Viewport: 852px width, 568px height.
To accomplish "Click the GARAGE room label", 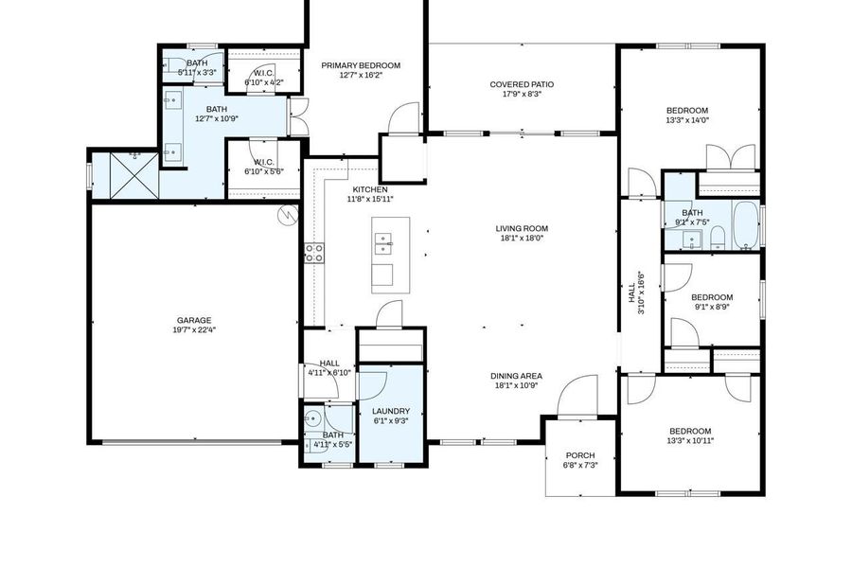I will pyautogui.click(x=193, y=320).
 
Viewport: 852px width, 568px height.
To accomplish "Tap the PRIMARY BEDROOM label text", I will pyautogui.click(x=360, y=65).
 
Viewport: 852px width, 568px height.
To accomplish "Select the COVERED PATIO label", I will pyautogui.click(x=522, y=84).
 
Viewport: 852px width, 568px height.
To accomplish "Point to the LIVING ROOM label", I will pyautogui.click(x=522, y=228).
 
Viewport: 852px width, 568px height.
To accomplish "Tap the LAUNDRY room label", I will pyautogui.click(x=390, y=411).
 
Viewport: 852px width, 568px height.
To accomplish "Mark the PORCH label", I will pyautogui.click(x=579, y=455).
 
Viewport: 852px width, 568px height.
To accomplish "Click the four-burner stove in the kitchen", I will pyautogui.click(x=313, y=253).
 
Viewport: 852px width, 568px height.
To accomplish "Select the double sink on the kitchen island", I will pyautogui.click(x=383, y=247).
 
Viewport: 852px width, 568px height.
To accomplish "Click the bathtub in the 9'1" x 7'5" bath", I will pyautogui.click(x=745, y=225).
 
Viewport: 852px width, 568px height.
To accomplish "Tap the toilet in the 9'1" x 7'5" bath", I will pyautogui.click(x=718, y=237).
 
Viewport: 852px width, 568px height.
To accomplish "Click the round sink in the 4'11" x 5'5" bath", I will pyautogui.click(x=313, y=420).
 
